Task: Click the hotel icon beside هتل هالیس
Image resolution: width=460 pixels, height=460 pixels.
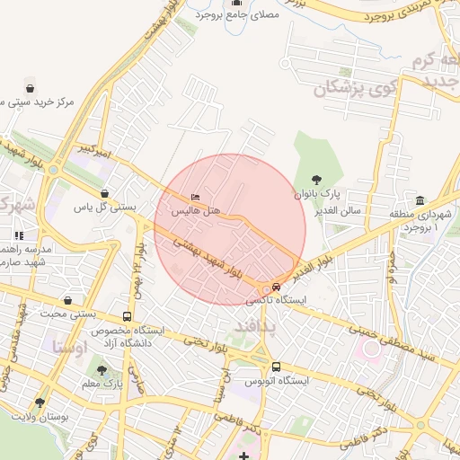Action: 196,198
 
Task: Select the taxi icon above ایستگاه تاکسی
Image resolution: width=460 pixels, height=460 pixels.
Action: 275,287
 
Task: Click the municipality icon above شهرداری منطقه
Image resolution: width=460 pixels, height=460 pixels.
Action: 420,199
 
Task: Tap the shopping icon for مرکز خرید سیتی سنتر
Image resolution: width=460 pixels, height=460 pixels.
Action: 31,89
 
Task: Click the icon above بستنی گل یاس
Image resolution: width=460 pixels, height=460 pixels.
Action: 105,193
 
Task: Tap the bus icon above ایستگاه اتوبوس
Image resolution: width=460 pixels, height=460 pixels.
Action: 275,367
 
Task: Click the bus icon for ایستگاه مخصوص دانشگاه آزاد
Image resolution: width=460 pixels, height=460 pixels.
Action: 127,317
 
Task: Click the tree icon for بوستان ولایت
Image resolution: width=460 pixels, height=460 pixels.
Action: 39,402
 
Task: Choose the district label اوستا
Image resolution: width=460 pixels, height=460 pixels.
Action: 69,345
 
